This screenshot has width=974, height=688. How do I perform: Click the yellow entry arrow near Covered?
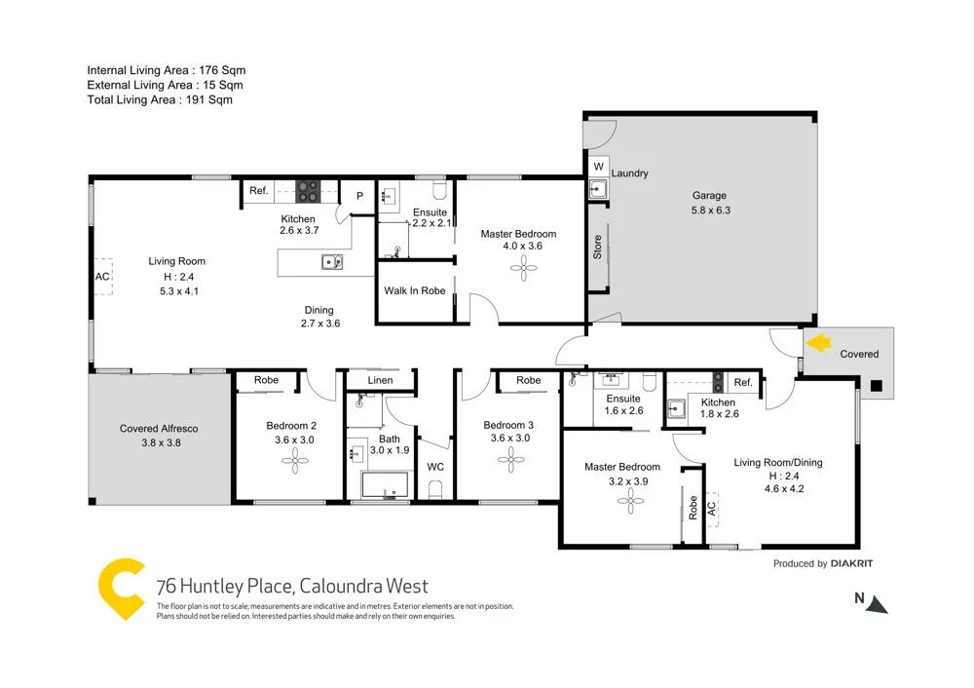[x=817, y=343]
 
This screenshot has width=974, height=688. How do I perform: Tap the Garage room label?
[x=710, y=195]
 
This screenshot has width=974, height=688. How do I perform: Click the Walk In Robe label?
[x=415, y=290]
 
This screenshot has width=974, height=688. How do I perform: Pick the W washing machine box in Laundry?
[x=598, y=167]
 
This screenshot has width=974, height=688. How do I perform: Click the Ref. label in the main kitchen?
[x=258, y=191]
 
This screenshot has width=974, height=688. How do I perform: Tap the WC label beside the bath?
[x=436, y=467]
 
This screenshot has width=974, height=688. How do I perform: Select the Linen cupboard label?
[x=381, y=380]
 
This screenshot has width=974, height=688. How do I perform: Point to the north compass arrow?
[x=878, y=605]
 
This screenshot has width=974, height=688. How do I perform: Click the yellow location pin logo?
[x=123, y=589]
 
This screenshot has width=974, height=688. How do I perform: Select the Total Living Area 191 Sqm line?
[x=160, y=99]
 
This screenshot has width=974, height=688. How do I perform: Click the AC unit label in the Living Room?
[x=102, y=276]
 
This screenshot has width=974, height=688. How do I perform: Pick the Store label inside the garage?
[x=598, y=247]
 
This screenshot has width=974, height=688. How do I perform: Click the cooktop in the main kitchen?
[x=308, y=188]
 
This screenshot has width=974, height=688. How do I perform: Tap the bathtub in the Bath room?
[x=384, y=485]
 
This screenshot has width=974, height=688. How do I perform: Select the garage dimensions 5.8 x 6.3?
[x=710, y=210]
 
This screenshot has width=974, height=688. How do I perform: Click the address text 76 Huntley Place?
[x=225, y=587]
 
